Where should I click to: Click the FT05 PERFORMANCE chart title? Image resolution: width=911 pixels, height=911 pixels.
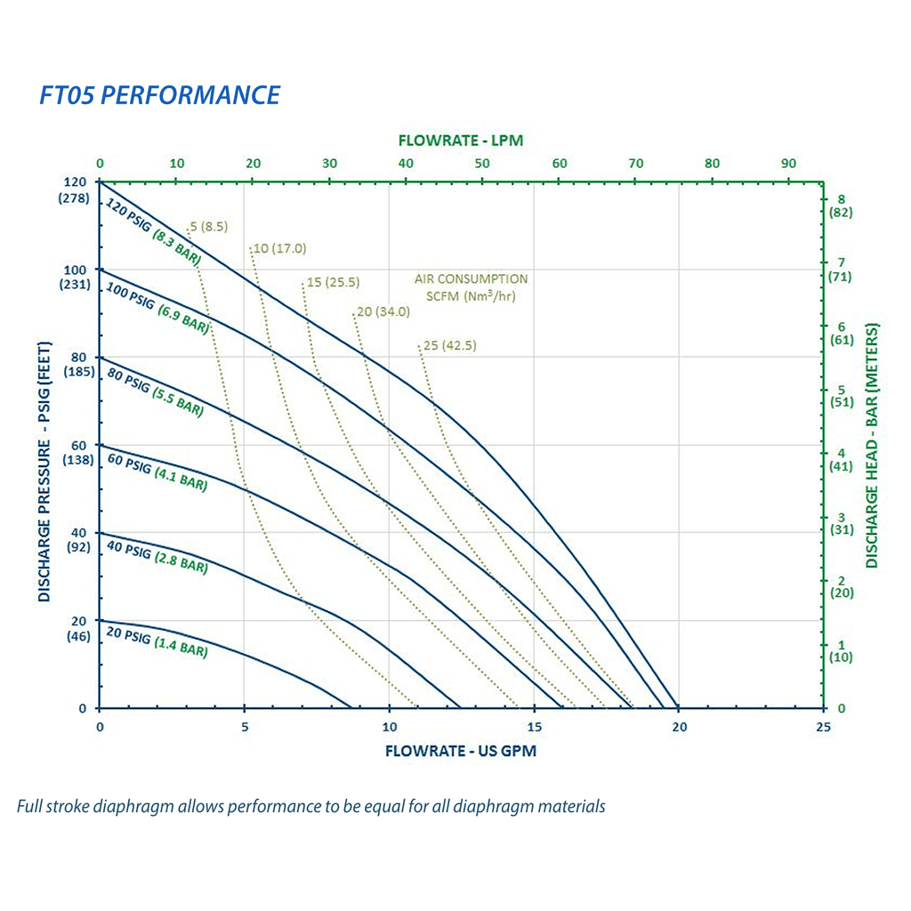pos(160,95)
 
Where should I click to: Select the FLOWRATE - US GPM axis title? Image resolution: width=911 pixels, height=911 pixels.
pos(460,751)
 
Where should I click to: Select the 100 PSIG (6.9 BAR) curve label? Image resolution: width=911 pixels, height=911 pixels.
pos(157,307)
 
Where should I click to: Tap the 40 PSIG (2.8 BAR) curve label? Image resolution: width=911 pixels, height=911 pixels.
pos(157,556)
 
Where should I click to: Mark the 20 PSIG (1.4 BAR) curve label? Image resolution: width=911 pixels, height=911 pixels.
pos(157,643)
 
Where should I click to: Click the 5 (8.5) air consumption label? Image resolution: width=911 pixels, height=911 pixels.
pos(209,227)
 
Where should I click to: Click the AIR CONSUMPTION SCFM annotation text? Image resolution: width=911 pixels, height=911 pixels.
pos(471,287)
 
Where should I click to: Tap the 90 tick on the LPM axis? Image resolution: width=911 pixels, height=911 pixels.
pos(788,164)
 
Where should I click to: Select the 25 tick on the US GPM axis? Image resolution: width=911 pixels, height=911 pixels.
pos(823,727)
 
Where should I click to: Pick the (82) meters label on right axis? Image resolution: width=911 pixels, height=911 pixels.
pos(841,213)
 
